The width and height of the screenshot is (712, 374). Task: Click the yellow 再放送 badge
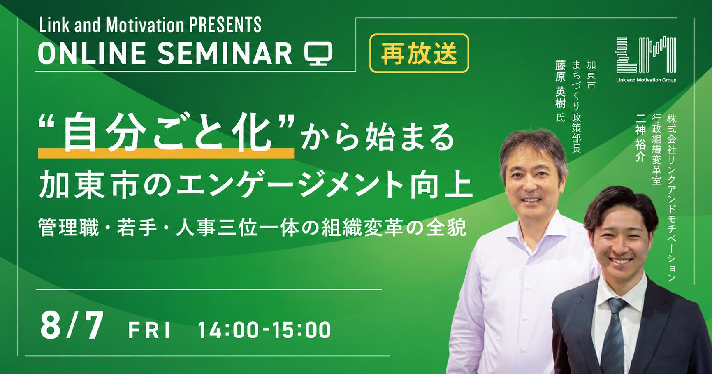pos(419,53)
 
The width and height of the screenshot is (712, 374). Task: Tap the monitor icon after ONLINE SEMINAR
pos(318,53)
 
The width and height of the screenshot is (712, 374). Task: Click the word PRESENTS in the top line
pos(225,25)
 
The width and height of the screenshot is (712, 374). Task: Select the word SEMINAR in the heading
pos(225,53)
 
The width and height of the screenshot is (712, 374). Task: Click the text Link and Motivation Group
pos(646,80)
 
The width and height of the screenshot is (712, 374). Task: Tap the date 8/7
pos(72,326)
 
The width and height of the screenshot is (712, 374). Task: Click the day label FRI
pos(149,330)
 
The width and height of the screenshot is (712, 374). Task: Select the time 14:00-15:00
pos(264,330)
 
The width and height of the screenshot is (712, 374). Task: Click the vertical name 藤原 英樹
pos(560,84)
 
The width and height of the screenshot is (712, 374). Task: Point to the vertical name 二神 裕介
pos(640,137)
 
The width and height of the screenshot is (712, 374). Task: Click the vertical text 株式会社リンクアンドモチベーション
pos(672,198)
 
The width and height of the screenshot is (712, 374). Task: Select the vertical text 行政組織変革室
pos(656,149)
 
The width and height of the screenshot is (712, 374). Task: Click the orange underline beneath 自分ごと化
pos(166,154)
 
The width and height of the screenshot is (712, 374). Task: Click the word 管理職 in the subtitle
pos(69,227)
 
